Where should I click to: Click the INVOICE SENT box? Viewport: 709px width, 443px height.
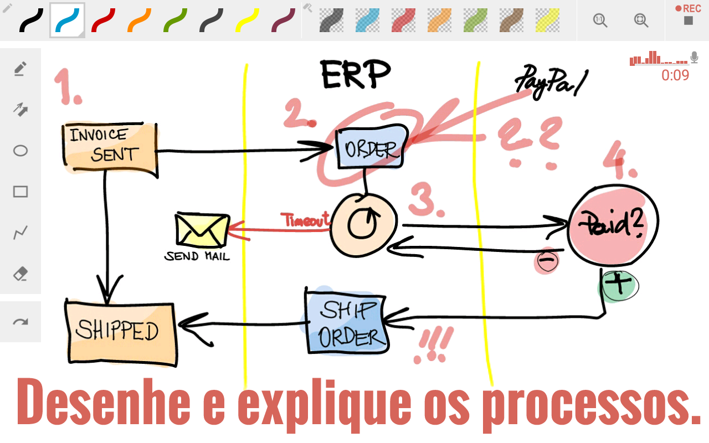point(110,149)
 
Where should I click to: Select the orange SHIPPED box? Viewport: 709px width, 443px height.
point(121,333)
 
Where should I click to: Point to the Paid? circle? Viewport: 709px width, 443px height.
point(613,225)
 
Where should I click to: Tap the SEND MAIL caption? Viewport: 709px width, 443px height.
point(197,256)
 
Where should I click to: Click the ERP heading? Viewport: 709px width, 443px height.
point(356,74)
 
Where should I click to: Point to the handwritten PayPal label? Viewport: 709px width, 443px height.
point(551,81)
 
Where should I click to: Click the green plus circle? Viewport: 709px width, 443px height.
point(619,286)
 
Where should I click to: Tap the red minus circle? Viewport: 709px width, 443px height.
point(547,260)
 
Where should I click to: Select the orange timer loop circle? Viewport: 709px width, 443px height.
point(363,225)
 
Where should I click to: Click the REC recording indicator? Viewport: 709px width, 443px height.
point(688,14)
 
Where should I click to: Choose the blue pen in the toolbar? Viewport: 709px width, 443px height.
point(67,20)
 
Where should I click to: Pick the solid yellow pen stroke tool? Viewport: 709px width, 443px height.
point(247,20)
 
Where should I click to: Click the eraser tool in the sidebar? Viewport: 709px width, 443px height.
point(20,274)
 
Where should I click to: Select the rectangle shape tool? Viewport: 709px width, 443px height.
point(20,192)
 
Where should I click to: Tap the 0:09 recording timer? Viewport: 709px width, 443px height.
point(675,75)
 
